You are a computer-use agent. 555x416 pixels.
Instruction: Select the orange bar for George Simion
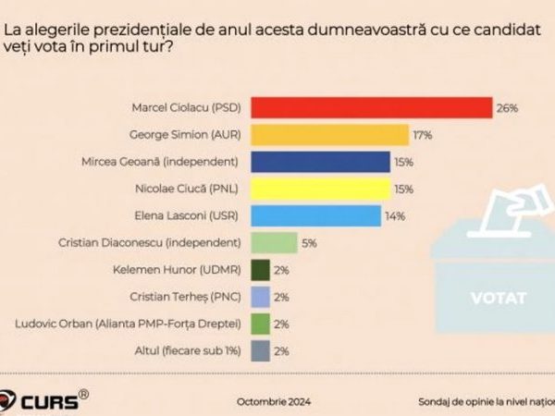tap(329, 135)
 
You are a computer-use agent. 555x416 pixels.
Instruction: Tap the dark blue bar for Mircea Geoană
tap(320, 162)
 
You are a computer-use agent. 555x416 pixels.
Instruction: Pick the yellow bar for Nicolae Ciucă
tap(320, 190)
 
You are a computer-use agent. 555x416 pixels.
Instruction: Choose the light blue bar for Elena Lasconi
tap(315, 216)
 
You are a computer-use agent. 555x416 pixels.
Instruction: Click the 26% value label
tap(507, 108)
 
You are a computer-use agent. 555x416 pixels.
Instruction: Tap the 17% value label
tap(424, 135)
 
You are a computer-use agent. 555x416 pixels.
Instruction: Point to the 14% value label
tap(396, 216)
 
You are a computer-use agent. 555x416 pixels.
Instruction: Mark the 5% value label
tap(310, 243)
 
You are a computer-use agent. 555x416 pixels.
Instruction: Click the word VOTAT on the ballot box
tap(499, 299)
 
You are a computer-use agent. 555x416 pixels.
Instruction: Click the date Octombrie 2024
tap(275, 402)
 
